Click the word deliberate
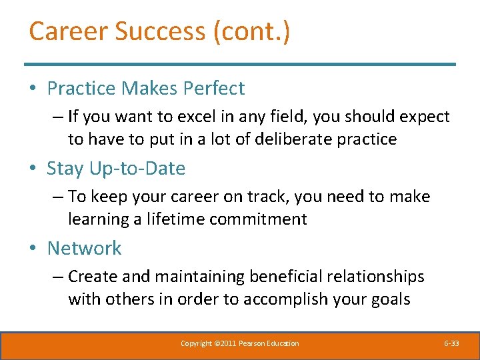coord(297,139)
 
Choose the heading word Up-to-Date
coord(139,169)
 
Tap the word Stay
coord(67,169)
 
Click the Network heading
coord(84,248)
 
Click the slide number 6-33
coord(451,343)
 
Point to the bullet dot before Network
coord(34,249)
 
